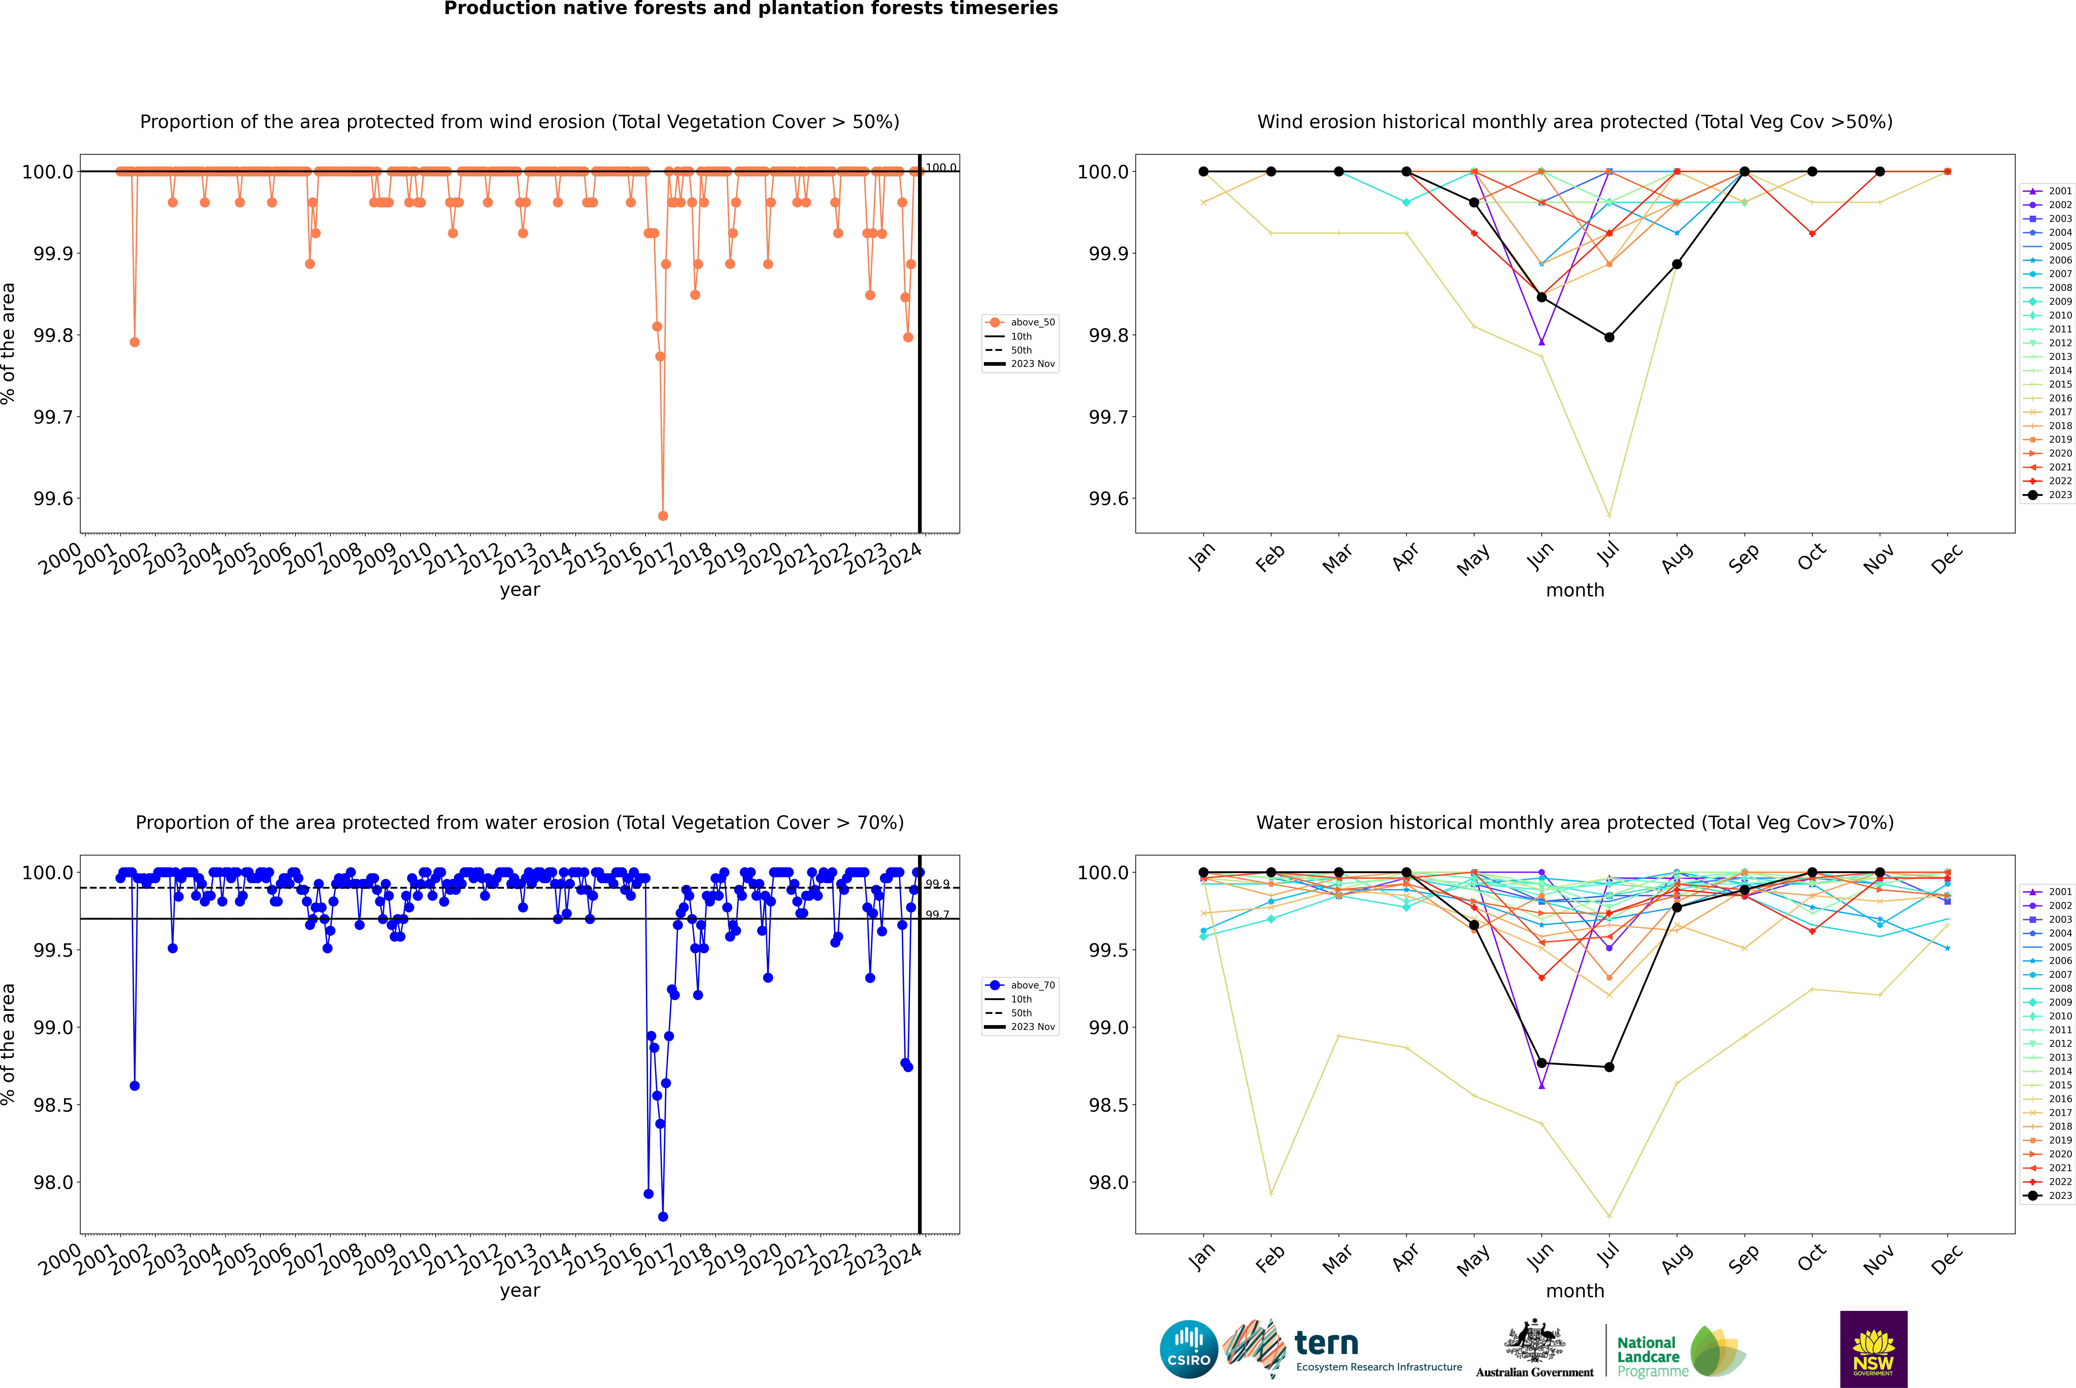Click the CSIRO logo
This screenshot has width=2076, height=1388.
pyautogui.click(x=1189, y=1349)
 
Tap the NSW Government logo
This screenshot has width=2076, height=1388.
pyautogui.click(x=1873, y=1349)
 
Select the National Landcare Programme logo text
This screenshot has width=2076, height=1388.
pyautogui.click(x=1648, y=1356)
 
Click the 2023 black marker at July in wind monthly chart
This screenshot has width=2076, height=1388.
pyautogui.click(x=1609, y=337)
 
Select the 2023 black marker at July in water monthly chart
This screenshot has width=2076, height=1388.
pyautogui.click(x=1609, y=1067)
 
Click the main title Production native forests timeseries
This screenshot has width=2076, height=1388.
pyautogui.click(x=750, y=9)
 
